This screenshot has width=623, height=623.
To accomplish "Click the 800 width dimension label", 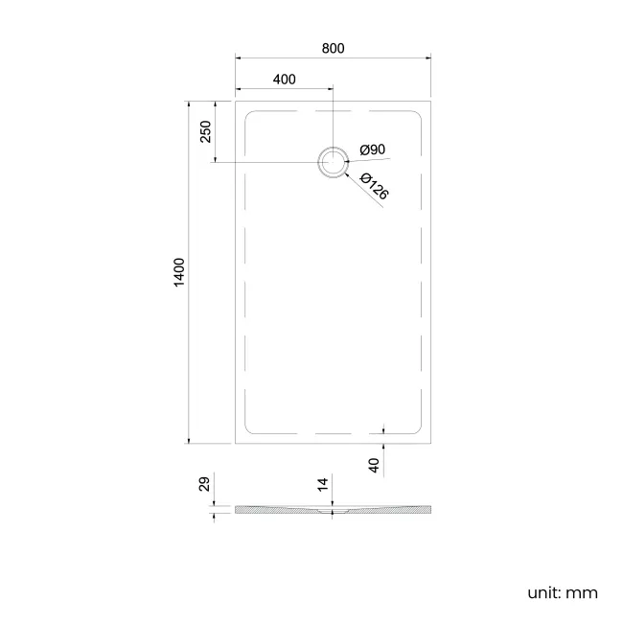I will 333,48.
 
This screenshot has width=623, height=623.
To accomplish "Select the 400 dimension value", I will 284,79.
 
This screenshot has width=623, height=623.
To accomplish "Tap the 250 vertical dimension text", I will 205,131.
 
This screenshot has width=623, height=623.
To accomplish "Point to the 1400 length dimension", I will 178,273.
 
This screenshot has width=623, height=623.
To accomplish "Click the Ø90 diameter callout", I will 373,150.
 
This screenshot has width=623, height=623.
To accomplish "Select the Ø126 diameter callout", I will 375,186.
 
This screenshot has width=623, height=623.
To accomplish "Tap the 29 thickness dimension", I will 204,485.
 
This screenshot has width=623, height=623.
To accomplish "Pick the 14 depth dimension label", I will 323,485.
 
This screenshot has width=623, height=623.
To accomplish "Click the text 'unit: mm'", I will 562,592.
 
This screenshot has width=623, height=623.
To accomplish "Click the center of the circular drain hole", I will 333,162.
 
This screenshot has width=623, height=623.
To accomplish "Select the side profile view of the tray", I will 333,509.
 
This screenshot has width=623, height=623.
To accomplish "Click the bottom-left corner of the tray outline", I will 235,445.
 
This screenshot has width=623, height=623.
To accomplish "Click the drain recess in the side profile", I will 333,512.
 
